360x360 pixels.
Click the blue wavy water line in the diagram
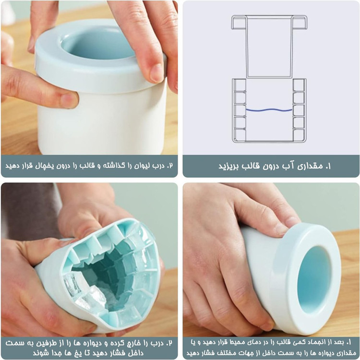269,110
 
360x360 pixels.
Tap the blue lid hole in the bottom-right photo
314,280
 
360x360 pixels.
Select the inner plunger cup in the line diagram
269,47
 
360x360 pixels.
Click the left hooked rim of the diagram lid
239,22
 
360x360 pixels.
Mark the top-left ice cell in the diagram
240,85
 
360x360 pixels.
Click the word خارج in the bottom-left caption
128,344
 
